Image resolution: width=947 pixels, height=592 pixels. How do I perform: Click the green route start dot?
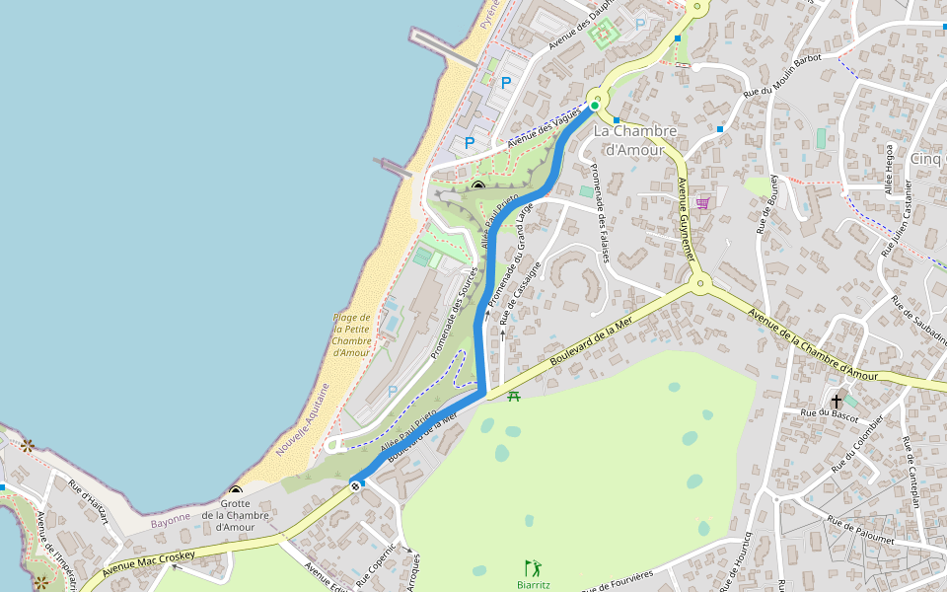point(595,106)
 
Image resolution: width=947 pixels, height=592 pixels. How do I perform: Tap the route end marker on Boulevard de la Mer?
point(355,484)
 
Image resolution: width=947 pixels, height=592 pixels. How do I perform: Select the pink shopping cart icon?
point(702,203)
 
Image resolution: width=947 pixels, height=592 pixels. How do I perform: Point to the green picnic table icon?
point(513,397)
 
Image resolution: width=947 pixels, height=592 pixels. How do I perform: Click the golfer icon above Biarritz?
point(534,567)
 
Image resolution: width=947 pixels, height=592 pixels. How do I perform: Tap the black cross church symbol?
point(837,401)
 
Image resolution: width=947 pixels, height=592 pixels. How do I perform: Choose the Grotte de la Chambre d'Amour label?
point(236,520)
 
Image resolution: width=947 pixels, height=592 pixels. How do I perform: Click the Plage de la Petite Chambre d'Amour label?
point(352,334)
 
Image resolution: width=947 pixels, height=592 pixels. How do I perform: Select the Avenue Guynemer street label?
point(687,218)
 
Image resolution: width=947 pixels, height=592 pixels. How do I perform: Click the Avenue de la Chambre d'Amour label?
point(812,345)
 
